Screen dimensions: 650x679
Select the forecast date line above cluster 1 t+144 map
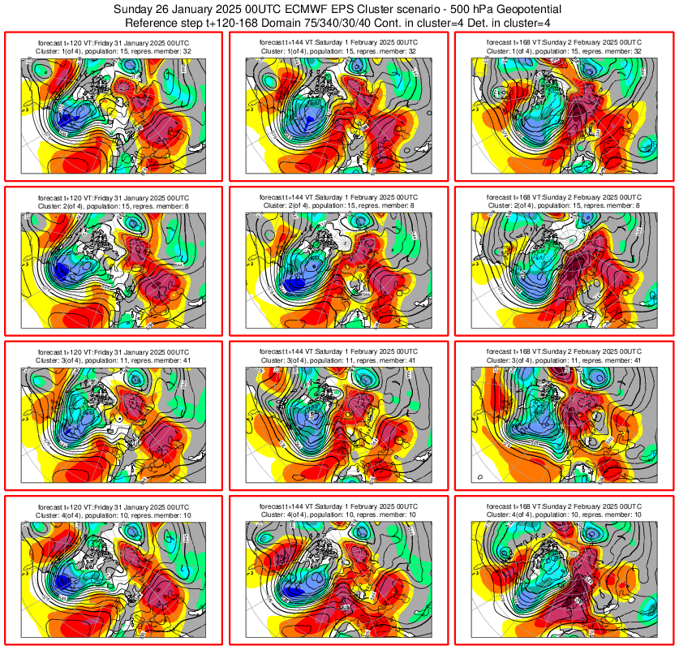[339, 41]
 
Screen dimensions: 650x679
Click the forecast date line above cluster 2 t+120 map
[114, 197]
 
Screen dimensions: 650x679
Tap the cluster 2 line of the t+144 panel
[339, 205]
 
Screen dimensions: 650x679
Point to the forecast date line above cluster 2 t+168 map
[564, 197]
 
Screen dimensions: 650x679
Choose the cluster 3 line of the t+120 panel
[114, 359]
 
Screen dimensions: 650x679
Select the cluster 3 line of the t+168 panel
[564, 359]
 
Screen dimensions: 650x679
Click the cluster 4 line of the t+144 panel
[339, 514]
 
